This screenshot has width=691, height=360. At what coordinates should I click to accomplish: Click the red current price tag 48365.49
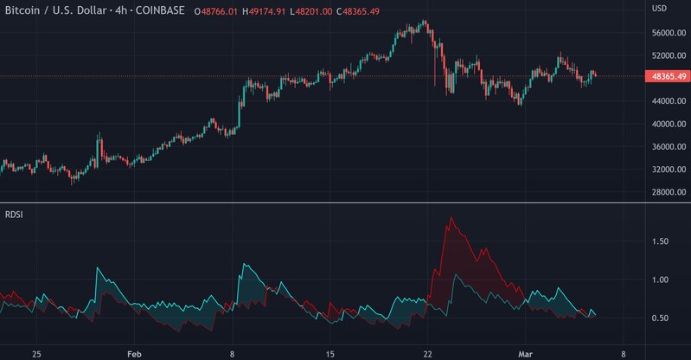[x=666, y=76]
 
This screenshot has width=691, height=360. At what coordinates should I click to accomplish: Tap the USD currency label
[x=659, y=9]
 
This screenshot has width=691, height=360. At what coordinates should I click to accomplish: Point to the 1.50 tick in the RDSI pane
[x=660, y=241]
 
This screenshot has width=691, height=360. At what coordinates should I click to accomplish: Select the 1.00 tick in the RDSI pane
[x=660, y=280]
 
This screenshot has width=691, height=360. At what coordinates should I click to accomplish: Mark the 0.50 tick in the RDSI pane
[x=660, y=318]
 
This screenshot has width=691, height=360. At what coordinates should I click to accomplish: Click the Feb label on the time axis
[x=134, y=354]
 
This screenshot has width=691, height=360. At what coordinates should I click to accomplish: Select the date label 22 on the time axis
[x=427, y=354]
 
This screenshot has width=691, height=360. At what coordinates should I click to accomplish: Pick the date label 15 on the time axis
[x=330, y=354]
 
